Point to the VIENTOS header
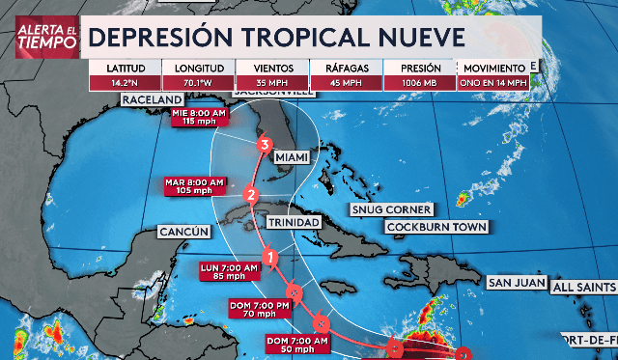tap(273, 69)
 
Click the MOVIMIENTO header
tap(494, 69)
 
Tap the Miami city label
tap(293, 156)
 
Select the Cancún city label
tap(183, 232)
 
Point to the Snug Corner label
tap(391, 209)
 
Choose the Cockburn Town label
tap(435, 227)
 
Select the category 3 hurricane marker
tap(264, 146)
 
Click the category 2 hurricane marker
tap(251, 195)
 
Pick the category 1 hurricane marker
tap(271, 258)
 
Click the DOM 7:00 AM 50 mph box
tap(295, 345)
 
